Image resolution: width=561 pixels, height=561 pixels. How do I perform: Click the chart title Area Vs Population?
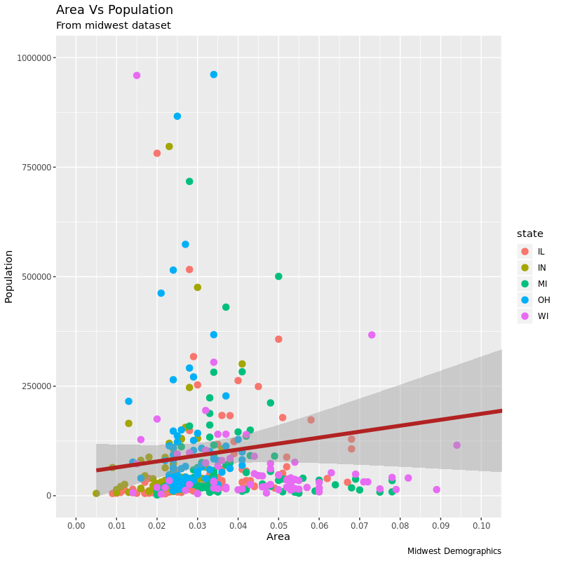(x=114, y=11)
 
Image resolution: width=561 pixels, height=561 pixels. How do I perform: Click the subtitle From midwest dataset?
(x=113, y=26)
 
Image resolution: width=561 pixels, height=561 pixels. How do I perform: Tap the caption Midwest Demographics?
(x=454, y=551)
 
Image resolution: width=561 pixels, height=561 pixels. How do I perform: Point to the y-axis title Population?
(x=9, y=276)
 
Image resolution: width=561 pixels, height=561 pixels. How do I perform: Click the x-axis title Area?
(x=278, y=537)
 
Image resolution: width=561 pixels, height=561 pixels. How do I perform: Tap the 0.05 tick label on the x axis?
(x=278, y=525)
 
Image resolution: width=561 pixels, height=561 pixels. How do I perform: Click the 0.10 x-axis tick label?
(x=481, y=525)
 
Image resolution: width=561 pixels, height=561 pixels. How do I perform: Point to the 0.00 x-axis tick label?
(x=76, y=525)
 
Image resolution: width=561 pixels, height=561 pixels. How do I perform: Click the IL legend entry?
(x=541, y=251)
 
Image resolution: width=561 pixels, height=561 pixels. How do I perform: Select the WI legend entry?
(x=543, y=316)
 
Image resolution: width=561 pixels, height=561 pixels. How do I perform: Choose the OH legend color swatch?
(x=525, y=299)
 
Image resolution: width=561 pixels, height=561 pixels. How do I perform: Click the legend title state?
(x=529, y=234)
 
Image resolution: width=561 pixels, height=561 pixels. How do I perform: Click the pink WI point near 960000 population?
(x=137, y=76)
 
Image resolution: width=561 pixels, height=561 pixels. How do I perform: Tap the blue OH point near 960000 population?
(x=214, y=74)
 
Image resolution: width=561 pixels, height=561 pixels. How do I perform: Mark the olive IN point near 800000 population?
(x=169, y=147)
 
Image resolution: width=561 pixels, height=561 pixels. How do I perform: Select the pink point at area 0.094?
(x=457, y=445)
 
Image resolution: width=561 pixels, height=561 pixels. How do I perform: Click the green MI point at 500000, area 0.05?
(x=278, y=276)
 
